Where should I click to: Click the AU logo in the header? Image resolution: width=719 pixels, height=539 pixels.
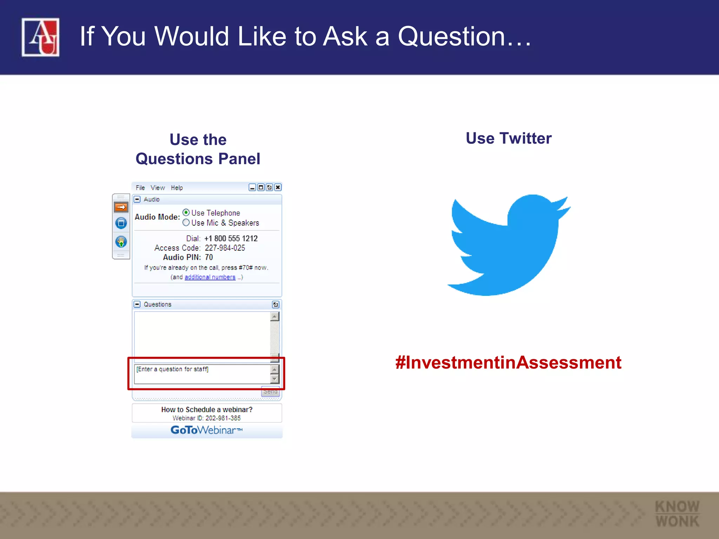pos(40,37)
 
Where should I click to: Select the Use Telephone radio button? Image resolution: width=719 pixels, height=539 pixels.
pos(186,213)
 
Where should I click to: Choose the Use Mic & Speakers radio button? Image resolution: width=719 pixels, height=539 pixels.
pos(186,222)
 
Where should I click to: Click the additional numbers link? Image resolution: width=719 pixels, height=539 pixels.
pos(210,277)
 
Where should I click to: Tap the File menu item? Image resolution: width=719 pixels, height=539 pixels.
pos(140,188)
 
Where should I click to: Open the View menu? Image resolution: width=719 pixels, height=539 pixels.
pos(158,188)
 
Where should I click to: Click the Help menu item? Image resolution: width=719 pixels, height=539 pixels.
pos(177,188)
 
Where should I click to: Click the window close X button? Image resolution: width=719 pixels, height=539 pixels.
pos(278,187)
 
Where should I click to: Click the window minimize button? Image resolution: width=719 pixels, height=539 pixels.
pos(252,187)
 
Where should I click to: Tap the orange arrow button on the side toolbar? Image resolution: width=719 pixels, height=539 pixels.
pos(121,207)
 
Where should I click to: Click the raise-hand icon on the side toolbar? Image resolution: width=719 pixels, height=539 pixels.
pos(121,242)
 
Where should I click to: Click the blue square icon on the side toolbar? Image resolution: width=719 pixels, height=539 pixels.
pos(121,223)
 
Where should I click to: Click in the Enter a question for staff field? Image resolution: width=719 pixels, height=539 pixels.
pos(202,374)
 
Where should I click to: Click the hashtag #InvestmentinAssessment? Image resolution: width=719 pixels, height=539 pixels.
pos(508,362)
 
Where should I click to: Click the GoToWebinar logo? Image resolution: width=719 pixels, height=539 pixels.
pos(206,430)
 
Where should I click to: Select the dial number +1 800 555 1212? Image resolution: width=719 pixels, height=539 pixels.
pos(231,239)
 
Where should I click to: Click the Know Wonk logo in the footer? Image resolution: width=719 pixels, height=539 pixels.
pos(677,514)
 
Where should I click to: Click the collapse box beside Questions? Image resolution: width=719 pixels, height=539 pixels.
pos(137,304)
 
